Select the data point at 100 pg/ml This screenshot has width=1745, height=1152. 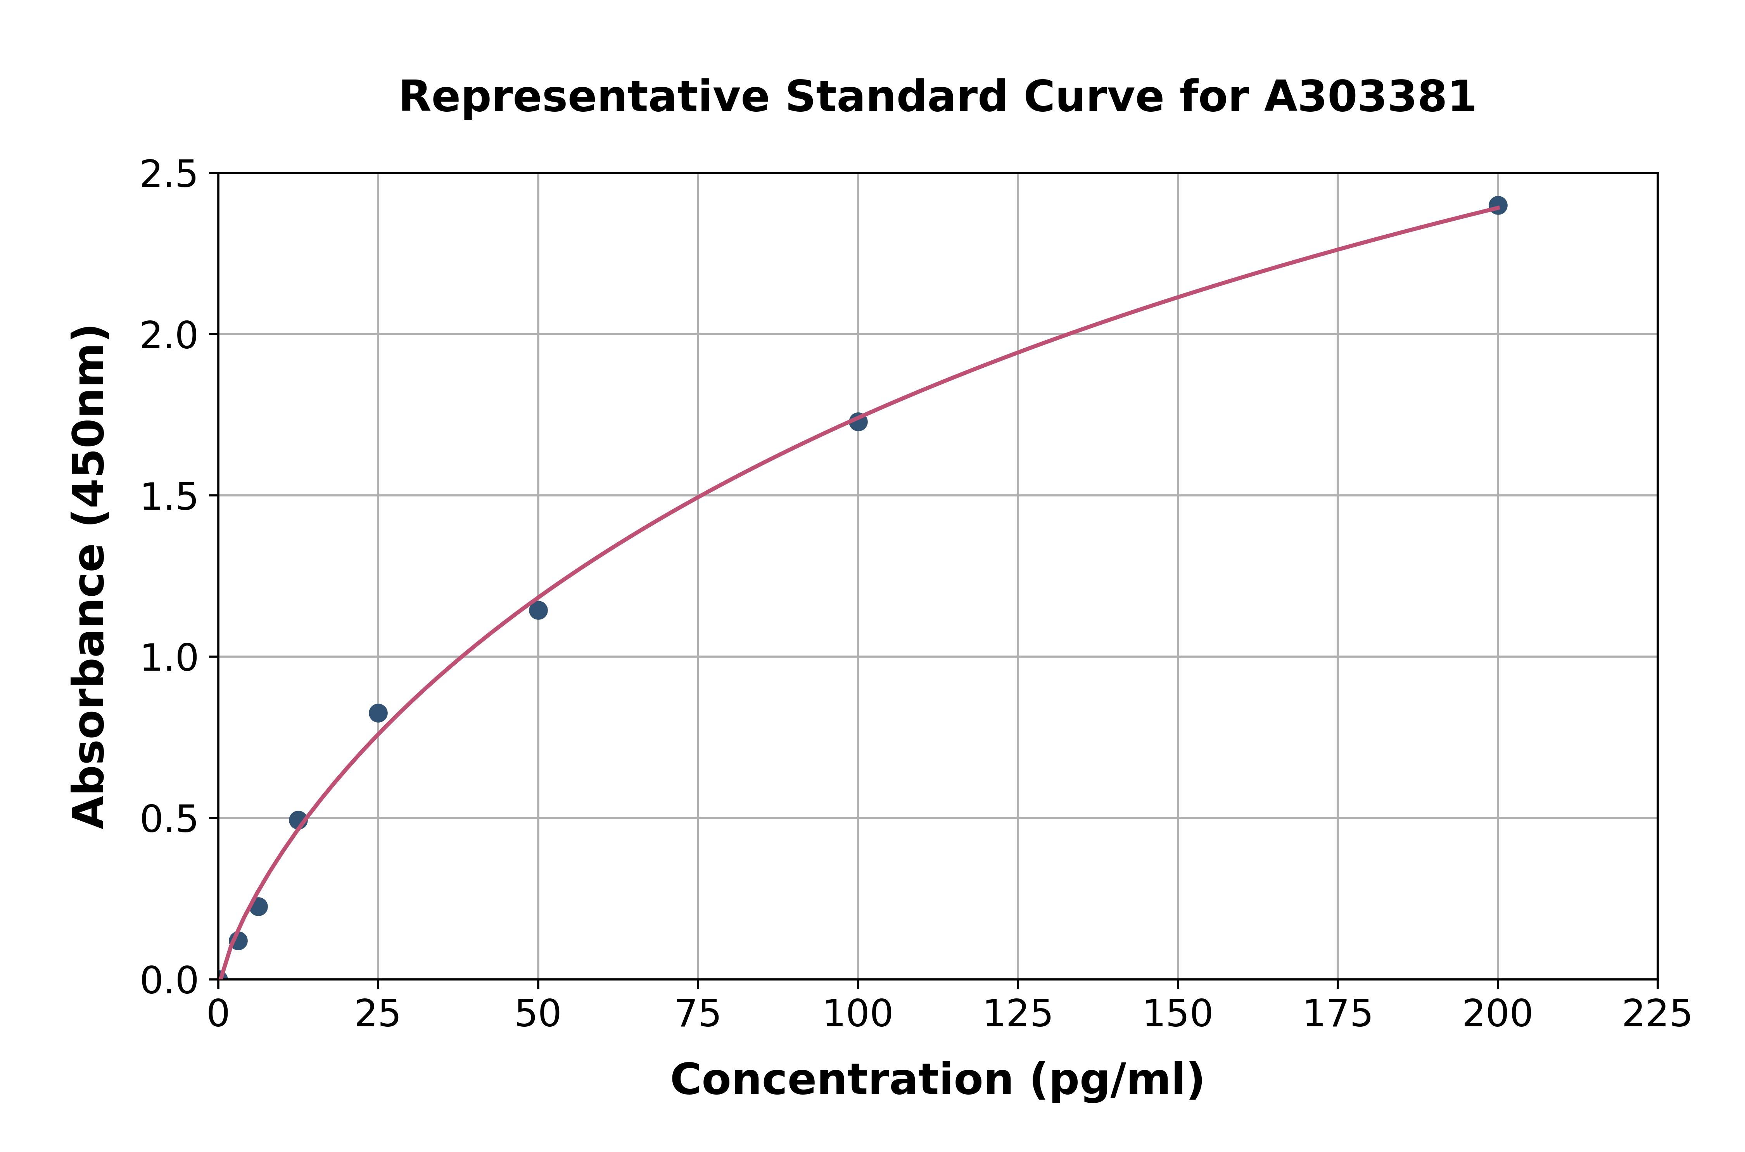pyautogui.click(x=858, y=422)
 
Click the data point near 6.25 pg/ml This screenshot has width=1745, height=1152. pyautogui.click(x=259, y=906)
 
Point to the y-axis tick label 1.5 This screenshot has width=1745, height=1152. pyautogui.click(x=169, y=496)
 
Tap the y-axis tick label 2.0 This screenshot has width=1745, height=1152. pyautogui.click(x=169, y=336)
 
